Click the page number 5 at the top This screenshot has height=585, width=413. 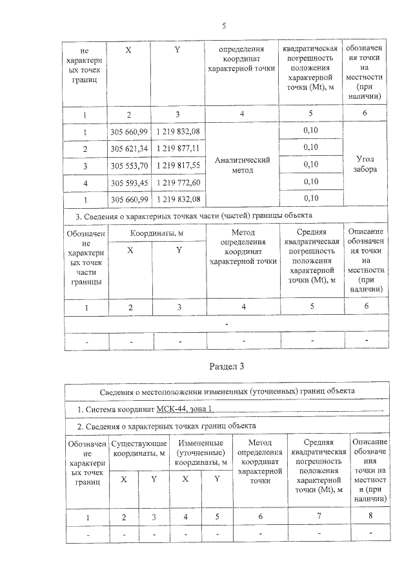[x=223, y=26]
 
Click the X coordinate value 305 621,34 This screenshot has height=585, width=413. [x=129, y=149]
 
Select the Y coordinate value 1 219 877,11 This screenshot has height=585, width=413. [x=177, y=149]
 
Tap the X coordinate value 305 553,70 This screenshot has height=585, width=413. [x=129, y=165]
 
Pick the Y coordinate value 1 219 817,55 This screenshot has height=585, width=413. [x=177, y=165]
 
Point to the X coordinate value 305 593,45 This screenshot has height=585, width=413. [x=129, y=182]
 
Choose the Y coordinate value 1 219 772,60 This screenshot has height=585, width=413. [x=177, y=182]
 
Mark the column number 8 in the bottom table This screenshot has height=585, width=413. [x=370, y=516]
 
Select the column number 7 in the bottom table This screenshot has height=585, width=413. [x=318, y=516]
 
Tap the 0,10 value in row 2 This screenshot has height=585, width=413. [x=310, y=148]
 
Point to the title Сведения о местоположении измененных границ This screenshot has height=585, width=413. [x=227, y=392]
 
